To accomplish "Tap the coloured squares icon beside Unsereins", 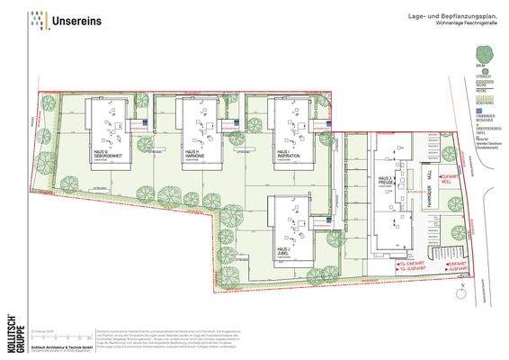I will tap(38, 18).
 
